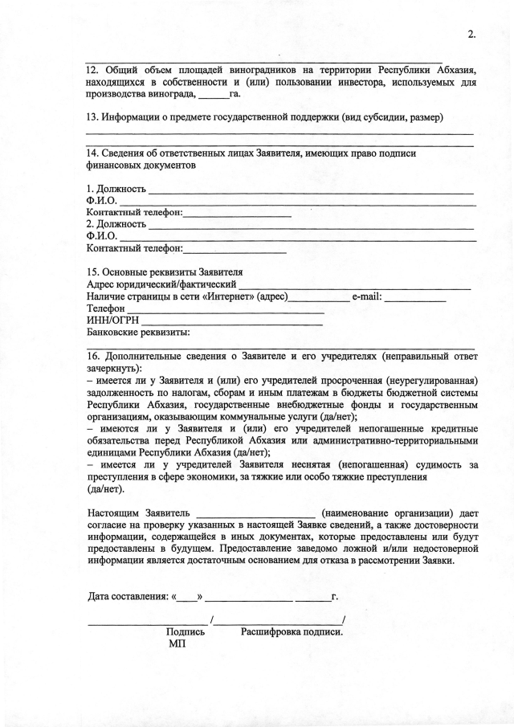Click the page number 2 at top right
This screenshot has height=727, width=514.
pos(471,33)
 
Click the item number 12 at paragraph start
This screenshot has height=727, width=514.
pos(92,69)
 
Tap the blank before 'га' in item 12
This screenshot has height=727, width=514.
pos(214,96)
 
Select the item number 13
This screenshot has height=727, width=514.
pos(92,117)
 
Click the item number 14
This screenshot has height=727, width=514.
pos(92,153)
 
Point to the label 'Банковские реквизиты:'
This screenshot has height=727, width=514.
pos(137,331)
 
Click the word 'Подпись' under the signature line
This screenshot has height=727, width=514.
pos(185,631)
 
